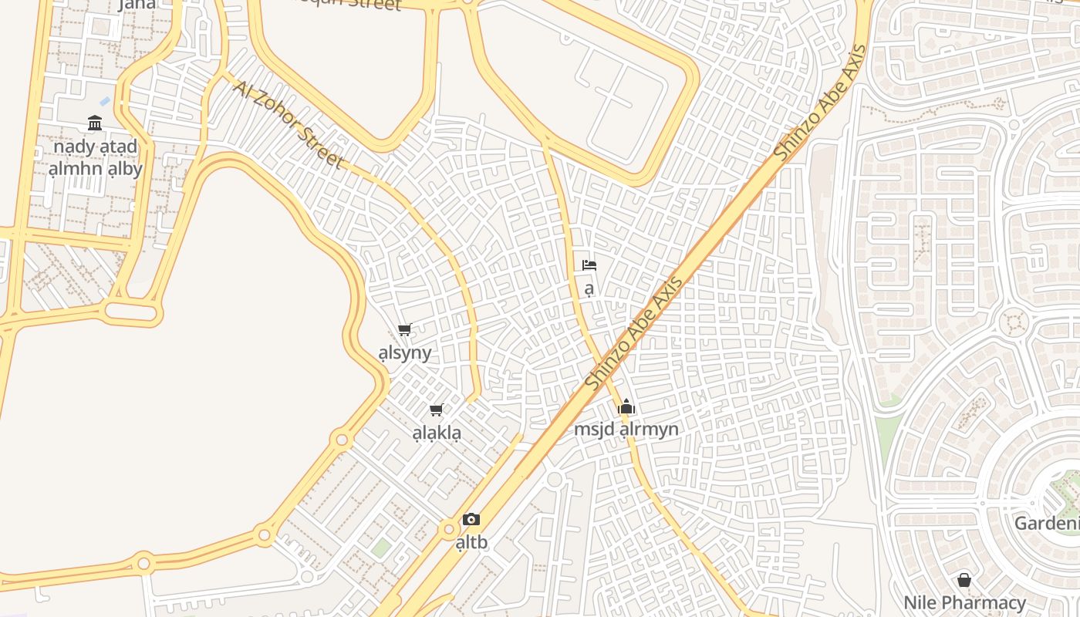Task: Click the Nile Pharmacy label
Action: tap(964, 602)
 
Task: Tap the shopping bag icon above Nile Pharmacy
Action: tap(964, 580)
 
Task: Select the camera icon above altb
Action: tap(471, 519)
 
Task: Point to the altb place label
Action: tap(471, 542)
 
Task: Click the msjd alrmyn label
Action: tap(626, 429)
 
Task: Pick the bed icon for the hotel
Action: tap(589, 265)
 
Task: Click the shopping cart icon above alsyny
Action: tap(405, 330)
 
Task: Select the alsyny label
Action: tap(405, 353)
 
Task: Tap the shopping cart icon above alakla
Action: tap(437, 410)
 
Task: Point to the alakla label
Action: tap(437, 433)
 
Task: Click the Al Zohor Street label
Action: tap(287, 123)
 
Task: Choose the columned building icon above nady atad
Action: tap(95, 123)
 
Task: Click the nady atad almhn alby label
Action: tap(95, 157)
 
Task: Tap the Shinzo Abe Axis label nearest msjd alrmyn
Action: tap(633, 332)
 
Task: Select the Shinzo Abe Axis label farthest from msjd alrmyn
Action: tap(820, 103)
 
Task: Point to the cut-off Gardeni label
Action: tap(1047, 524)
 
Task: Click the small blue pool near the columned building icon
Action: tap(105, 101)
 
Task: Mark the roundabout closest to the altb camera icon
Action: tap(448, 529)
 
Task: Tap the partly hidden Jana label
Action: tap(137, 5)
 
